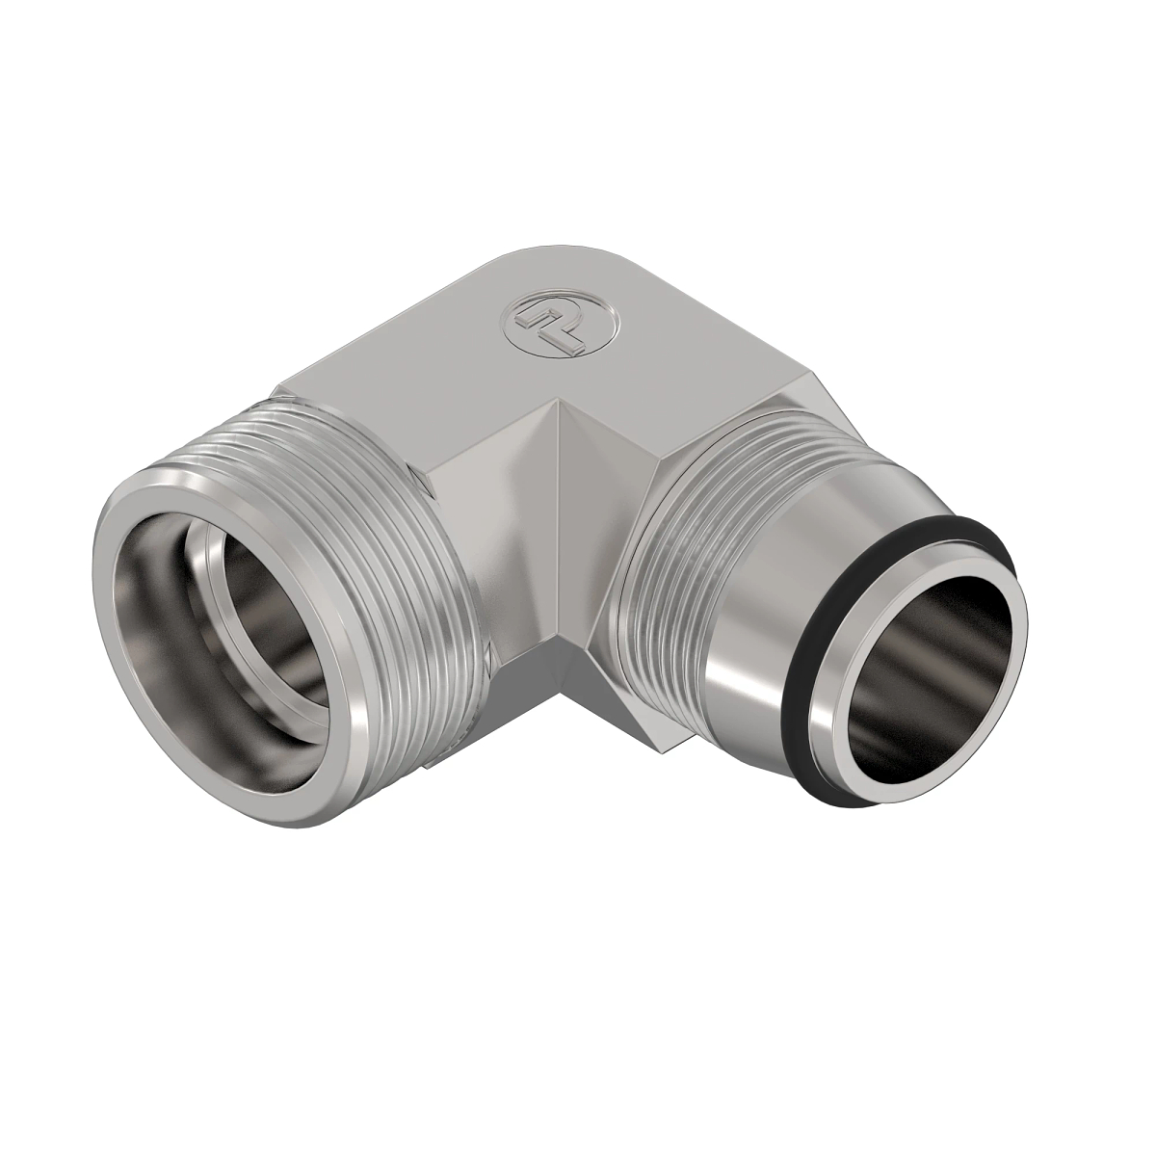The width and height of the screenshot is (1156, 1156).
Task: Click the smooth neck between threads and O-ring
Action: click(771, 674)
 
